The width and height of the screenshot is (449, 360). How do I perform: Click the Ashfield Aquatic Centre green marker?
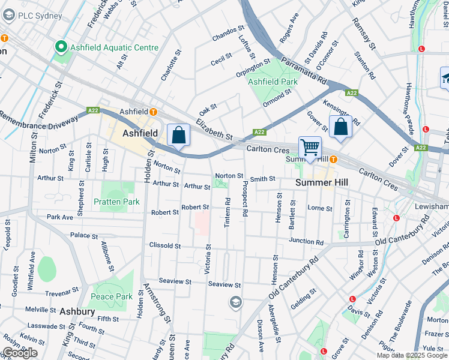(61, 46)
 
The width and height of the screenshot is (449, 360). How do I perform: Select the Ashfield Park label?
(273, 82)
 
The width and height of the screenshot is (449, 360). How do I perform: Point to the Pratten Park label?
(116, 202)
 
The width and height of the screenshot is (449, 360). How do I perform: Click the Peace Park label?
(111, 296)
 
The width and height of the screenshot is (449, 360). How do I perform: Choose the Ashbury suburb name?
(77, 311)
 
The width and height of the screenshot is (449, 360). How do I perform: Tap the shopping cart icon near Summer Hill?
(310, 147)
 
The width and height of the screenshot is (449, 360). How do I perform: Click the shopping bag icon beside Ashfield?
(178, 135)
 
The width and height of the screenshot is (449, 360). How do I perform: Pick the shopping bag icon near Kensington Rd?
(340, 127)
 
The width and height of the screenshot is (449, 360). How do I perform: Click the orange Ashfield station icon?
(154, 112)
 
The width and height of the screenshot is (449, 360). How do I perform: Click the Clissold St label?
(165, 245)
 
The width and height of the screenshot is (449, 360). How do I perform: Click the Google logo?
(20, 353)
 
